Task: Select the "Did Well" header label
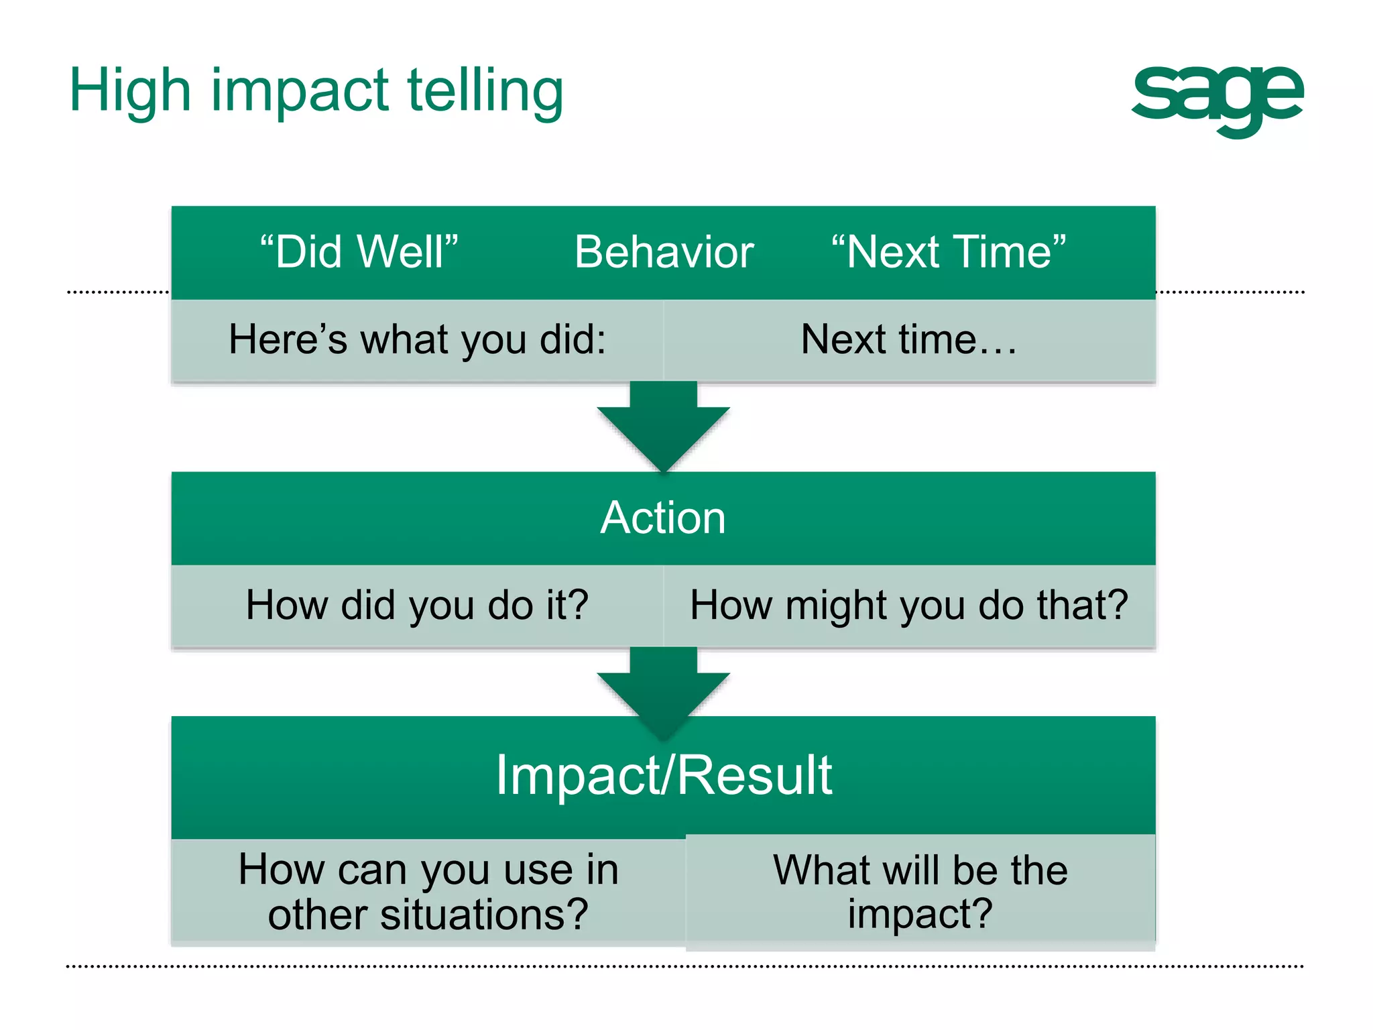click(359, 252)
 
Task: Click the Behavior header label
click(664, 252)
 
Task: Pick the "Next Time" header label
click(948, 252)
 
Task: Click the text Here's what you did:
click(417, 339)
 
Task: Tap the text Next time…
click(908, 339)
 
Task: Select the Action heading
click(663, 518)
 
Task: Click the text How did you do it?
click(417, 605)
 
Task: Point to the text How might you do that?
click(908, 605)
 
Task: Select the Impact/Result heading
click(663, 775)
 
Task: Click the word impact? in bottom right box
click(920, 913)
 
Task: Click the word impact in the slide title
click(300, 93)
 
